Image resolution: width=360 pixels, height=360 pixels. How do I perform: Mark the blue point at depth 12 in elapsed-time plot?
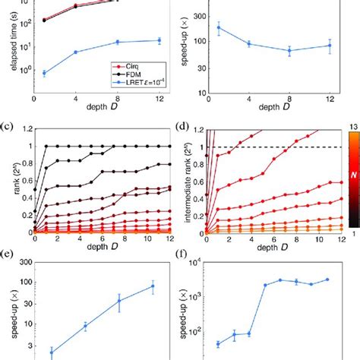(158, 40)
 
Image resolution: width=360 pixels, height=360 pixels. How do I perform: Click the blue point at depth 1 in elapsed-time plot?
(44, 73)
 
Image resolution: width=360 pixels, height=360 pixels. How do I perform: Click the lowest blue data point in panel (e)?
(52, 352)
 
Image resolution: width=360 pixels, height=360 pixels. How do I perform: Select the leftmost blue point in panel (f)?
(218, 344)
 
